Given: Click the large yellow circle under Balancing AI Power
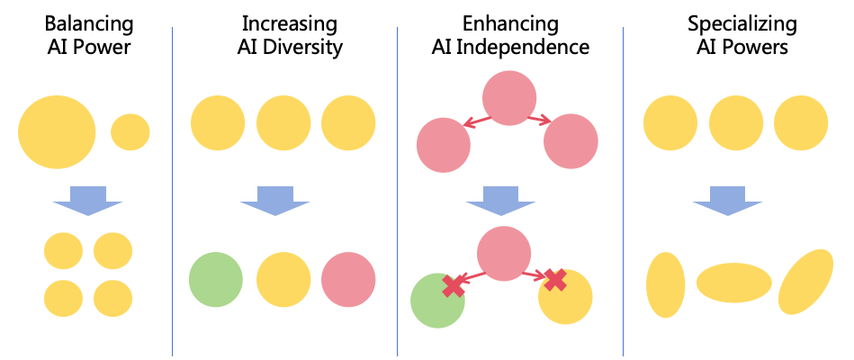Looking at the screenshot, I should (x=57, y=132).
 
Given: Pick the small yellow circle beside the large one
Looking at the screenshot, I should (x=130, y=132).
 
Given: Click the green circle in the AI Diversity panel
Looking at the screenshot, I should (x=216, y=280).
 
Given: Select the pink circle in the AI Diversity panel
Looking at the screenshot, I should (x=348, y=280).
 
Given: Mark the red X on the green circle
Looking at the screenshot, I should (x=454, y=285).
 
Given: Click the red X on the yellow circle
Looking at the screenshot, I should (x=555, y=280).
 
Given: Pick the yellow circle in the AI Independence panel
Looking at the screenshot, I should (x=568, y=298).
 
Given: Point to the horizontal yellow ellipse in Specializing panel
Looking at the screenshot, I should (x=734, y=282).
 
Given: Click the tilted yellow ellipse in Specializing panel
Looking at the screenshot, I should (x=806, y=282).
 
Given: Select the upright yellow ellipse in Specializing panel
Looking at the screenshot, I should (x=666, y=284).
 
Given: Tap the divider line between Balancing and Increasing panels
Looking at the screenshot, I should (x=172, y=189).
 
